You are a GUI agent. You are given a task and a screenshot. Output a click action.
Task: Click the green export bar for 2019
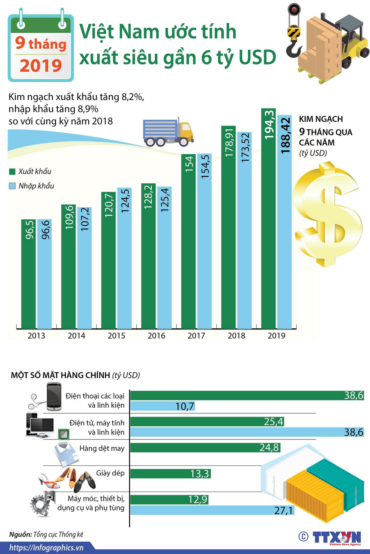[268, 219]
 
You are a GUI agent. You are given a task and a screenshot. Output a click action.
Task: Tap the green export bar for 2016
[148, 256]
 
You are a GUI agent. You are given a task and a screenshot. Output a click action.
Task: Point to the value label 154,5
[205, 166]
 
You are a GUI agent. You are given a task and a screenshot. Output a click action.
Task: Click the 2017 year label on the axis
[196, 336]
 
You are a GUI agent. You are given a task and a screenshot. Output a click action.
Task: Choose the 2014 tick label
[76, 336]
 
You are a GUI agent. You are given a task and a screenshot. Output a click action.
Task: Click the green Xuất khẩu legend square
[12, 171]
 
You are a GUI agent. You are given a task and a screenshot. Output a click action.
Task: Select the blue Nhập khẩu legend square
[12, 186]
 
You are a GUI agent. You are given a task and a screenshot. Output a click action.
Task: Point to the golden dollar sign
[327, 213]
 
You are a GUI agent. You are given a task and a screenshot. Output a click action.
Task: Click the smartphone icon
[54, 397]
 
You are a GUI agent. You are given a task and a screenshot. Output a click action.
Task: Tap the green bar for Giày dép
[170, 474]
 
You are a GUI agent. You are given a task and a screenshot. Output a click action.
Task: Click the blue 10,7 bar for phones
[163, 406]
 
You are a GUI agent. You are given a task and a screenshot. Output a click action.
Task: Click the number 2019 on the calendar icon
[41, 65]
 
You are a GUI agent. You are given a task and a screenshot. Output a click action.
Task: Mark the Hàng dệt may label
[102, 448]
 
